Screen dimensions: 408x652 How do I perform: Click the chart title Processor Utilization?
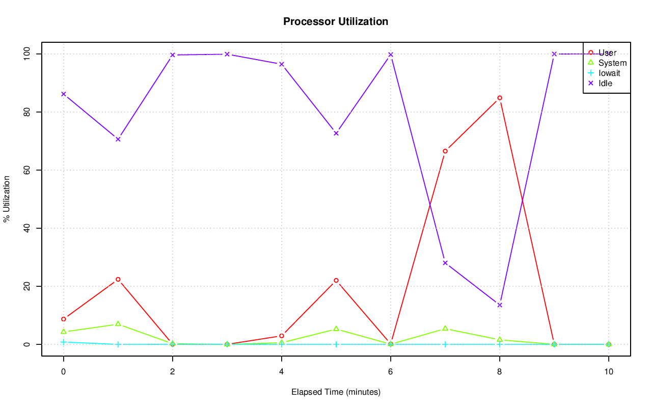point(336,22)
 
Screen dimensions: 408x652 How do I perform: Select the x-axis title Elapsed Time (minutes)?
point(336,392)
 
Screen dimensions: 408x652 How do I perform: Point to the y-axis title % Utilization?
point(7,199)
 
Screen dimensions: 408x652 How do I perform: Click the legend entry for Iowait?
point(609,73)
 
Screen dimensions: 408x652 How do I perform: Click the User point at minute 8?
point(500,98)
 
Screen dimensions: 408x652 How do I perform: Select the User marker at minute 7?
point(445,151)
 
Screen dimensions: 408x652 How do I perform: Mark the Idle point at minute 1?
point(118,139)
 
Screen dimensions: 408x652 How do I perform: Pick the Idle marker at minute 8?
point(500,305)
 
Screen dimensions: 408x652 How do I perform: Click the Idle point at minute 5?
point(336,133)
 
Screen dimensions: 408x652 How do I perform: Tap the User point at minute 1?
point(118,279)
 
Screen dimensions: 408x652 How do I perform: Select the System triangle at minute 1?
point(118,324)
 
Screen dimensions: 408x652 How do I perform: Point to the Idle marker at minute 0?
point(64,94)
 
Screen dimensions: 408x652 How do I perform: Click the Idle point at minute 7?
point(445,263)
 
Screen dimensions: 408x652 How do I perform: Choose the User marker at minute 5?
point(336,280)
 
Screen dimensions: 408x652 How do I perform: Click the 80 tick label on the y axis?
point(26,112)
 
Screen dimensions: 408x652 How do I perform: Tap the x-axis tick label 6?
point(391,372)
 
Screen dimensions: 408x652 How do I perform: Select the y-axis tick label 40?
point(26,228)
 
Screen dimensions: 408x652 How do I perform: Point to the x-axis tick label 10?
point(609,372)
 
